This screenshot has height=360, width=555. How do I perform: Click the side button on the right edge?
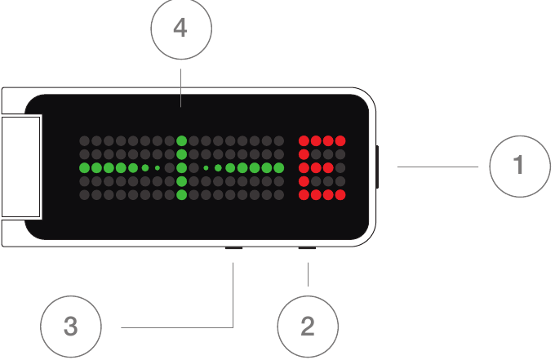377,167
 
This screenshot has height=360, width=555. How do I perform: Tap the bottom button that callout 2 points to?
307,248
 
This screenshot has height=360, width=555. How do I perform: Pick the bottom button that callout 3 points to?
233,248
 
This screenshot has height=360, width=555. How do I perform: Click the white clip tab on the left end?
21,167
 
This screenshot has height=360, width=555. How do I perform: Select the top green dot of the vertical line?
181,141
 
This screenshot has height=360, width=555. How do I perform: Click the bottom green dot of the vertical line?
181,194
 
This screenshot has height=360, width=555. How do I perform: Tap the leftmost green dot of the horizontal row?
85,168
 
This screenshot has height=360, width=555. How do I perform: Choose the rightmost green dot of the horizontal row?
278,168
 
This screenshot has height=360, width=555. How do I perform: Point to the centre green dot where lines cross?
181,168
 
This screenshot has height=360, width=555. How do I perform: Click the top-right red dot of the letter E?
340,141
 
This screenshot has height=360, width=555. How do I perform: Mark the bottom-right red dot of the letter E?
340,194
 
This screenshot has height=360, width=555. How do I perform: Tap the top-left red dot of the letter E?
304,141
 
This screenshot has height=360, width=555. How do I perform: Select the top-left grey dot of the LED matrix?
85,141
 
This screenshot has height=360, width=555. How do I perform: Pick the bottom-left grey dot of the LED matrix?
85,194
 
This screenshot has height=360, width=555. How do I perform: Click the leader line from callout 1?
437,167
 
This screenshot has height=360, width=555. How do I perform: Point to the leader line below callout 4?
181,88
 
